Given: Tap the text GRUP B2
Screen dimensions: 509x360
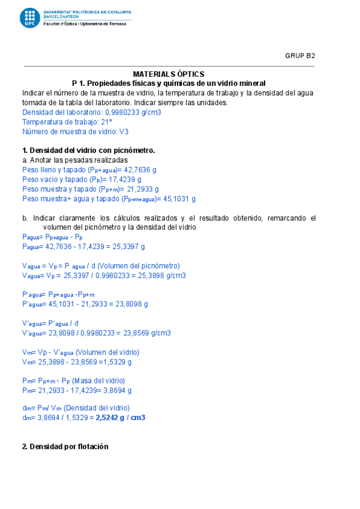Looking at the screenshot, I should (300, 55).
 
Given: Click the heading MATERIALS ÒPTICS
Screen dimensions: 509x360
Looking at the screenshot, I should (169, 74).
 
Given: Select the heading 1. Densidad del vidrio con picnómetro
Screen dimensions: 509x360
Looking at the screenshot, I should (89, 150).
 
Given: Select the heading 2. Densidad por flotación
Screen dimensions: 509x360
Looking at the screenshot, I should (65, 447).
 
